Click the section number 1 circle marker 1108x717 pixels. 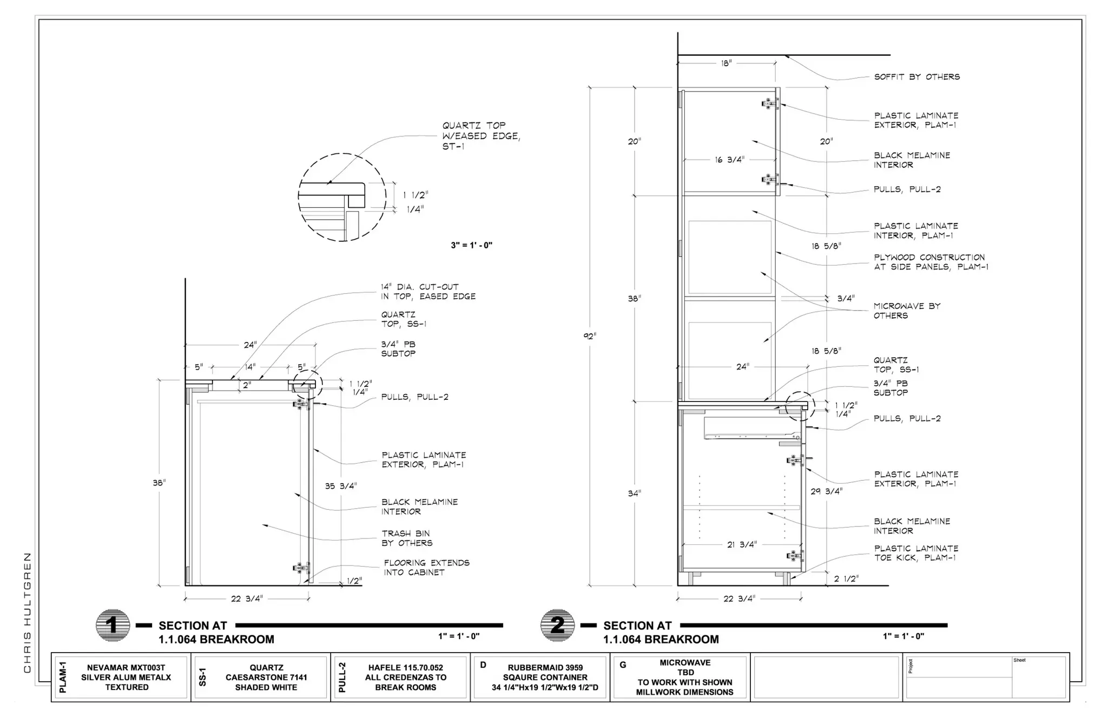(x=113, y=626)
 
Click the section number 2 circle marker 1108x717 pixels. (x=557, y=626)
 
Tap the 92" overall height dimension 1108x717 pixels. (x=590, y=336)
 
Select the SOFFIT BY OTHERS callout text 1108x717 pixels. (x=917, y=77)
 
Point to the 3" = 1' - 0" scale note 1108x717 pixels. (x=472, y=245)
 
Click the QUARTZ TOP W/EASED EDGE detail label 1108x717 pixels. (x=481, y=136)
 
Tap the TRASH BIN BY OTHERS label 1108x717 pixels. (x=407, y=538)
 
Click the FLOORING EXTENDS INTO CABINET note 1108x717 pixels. (x=426, y=568)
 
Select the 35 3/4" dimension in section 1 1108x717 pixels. (x=341, y=486)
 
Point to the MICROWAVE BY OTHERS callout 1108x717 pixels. (x=907, y=311)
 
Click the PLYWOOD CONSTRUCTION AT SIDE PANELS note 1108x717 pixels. (x=931, y=262)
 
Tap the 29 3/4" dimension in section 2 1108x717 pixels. (x=826, y=491)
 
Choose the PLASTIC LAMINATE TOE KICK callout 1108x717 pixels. (x=916, y=553)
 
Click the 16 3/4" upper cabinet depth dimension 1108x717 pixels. (x=729, y=160)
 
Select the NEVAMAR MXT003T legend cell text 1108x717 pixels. (x=126, y=677)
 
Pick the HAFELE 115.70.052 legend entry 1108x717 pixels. (x=406, y=677)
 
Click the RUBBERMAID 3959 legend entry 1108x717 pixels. (x=545, y=677)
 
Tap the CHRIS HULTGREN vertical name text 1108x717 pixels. (x=28, y=613)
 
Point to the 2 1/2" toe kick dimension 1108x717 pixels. (x=846, y=579)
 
